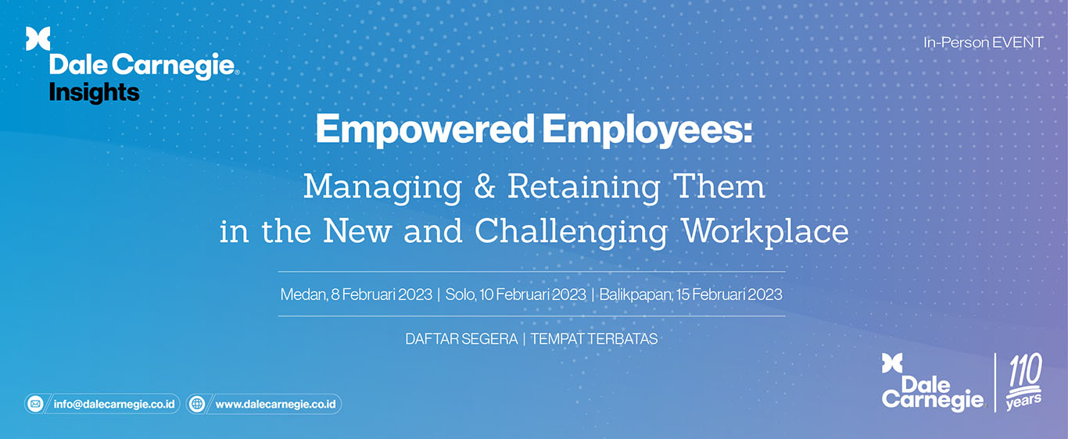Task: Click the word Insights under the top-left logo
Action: click(95, 93)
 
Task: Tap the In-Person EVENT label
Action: click(984, 43)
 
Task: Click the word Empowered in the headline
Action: click(425, 130)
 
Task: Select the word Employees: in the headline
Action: click(647, 130)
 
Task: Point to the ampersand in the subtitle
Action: click(484, 187)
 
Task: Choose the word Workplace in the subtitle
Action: click(765, 232)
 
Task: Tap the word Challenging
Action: click(572, 232)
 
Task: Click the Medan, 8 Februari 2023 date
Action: click(357, 294)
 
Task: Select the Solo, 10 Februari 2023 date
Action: click(515, 294)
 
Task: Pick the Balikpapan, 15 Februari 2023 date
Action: click(691, 294)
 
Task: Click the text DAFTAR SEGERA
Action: click(461, 339)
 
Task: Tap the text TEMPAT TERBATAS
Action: click(594, 339)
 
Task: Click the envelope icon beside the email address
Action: click(35, 405)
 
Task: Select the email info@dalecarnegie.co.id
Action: click(114, 405)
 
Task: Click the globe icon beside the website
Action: click(196, 405)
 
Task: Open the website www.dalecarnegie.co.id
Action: click(275, 405)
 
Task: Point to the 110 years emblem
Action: click(1023, 382)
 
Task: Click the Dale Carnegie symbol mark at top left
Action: click(38, 38)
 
